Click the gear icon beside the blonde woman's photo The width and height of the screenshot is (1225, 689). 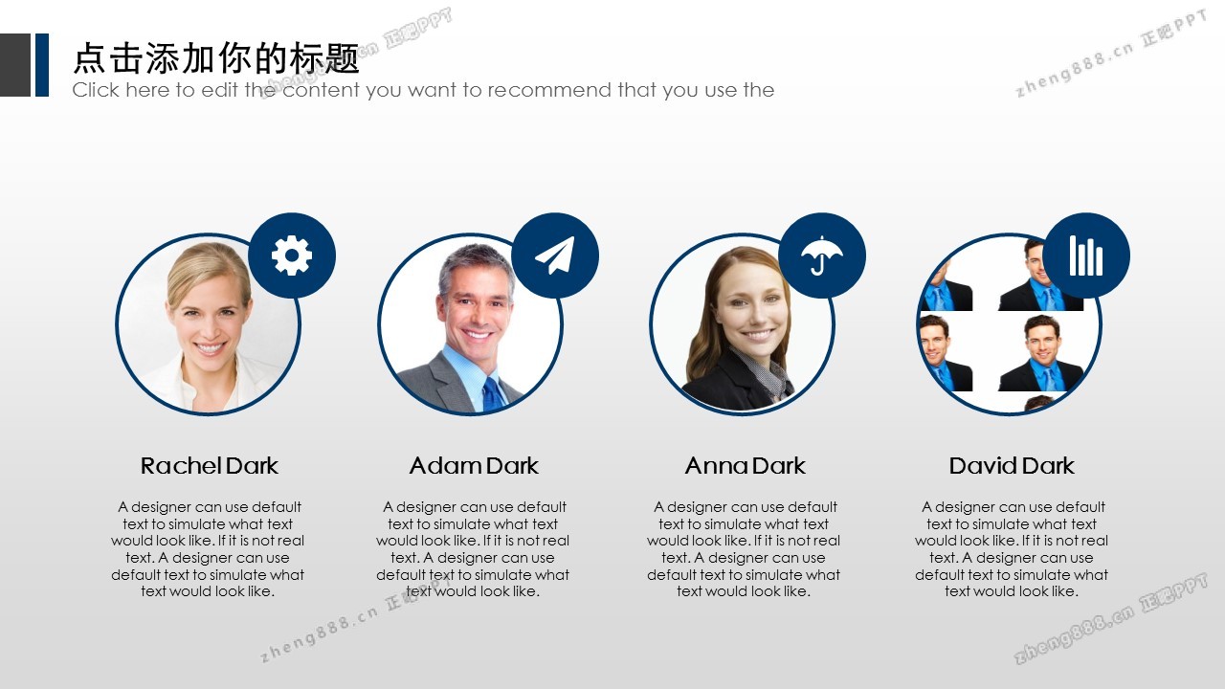pyautogui.click(x=292, y=256)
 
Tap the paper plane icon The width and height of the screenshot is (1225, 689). pyautogui.click(x=555, y=256)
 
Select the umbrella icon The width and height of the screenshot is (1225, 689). pyautogui.click(x=822, y=256)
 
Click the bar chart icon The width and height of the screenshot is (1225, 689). pyautogui.click(x=1086, y=256)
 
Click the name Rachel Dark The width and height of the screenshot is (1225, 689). pyautogui.click(x=210, y=466)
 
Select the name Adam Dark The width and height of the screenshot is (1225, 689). pyautogui.click(x=474, y=466)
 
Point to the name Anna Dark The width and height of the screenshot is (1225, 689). pyautogui.click(x=745, y=466)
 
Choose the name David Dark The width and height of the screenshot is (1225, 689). pyautogui.click(x=1012, y=466)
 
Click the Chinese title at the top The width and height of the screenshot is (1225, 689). pyautogui.click(x=216, y=58)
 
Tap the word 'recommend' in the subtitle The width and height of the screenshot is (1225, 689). pyautogui.click(x=549, y=90)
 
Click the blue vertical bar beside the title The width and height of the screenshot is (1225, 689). pyautogui.click(x=42, y=65)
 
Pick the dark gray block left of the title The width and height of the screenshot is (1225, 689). pyautogui.click(x=15, y=65)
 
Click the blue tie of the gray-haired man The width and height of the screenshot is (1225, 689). pyautogui.click(x=494, y=393)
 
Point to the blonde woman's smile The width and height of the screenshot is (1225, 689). pyautogui.click(x=210, y=347)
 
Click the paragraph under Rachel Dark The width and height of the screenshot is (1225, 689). pyautogui.click(x=208, y=549)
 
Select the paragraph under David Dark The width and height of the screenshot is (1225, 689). pyautogui.click(x=1012, y=549)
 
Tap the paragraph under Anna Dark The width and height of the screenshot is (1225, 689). pyautogui.click(x=744, y=549)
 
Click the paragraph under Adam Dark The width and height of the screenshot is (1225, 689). pyautogui.click(x=473, y=549)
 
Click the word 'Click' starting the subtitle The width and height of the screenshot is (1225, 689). pyautogui.click(x=96, y=90)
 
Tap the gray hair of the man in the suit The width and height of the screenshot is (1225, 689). pyautogui.click(x=474, y=263)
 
